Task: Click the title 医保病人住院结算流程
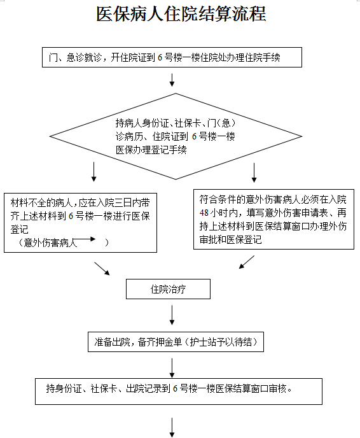(x=181, y=14)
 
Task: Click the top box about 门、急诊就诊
(x=172, y=57)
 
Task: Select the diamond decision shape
(x=176, y=136)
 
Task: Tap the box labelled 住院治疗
(x=168, y=289)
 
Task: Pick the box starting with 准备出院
(x=176, y=342)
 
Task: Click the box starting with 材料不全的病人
(x=80, y=223)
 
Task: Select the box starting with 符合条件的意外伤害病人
(x=273, y=219)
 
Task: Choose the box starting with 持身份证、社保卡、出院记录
(x=179, y=392)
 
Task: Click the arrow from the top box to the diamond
(x=172, y=80)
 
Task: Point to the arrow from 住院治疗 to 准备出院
(x=172, y=315)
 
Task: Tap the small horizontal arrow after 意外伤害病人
(x=86, y=239)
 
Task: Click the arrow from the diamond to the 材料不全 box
(x=93, y=172)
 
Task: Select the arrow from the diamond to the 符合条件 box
(x=254, y=173)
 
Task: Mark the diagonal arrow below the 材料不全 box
(x=102, y=269)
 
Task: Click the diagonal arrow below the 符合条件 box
(x=247, y=262)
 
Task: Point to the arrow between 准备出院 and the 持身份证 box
(x=172, y=368)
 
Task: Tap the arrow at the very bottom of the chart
(x=172, y=428)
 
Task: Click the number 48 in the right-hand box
(x=204, y=213)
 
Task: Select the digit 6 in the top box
(x=160, y=57)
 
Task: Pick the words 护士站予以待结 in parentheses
(x=221, y=342)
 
